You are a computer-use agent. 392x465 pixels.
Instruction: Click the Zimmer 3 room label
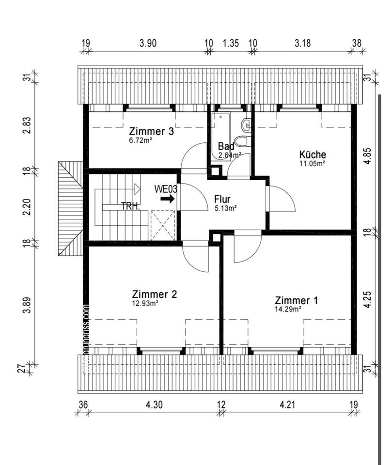151,131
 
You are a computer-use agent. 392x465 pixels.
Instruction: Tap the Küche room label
313,155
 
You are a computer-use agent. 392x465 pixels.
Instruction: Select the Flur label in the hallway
222,199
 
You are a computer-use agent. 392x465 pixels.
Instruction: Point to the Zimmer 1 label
297,300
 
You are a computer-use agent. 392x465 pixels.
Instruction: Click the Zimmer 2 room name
155,294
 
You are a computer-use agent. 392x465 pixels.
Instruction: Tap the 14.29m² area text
288,309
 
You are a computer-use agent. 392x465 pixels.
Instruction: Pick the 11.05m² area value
312,163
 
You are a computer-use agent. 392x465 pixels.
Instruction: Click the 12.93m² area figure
145,303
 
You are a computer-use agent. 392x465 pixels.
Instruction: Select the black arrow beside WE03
168,199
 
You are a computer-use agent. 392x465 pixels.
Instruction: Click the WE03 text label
166,189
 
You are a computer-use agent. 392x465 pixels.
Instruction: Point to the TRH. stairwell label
130,205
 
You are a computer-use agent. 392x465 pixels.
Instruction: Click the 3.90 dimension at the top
148,43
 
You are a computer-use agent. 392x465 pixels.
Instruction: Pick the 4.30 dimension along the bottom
154,404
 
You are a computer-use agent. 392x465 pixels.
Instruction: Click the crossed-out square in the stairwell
163,225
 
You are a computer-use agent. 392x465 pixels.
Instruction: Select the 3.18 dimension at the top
303,43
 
